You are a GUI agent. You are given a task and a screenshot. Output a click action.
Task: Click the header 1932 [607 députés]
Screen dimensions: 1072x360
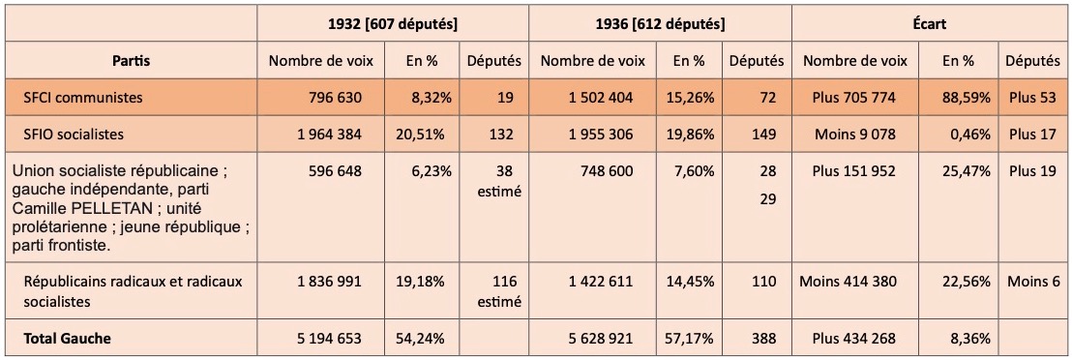pyautogui.click(x=393, y=24)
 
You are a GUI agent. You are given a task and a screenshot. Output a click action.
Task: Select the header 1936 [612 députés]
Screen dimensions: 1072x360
pyautogui.click(x=661, y=24)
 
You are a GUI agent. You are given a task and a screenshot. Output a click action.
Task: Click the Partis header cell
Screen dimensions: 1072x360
pyautogui.click(x=132, y=60)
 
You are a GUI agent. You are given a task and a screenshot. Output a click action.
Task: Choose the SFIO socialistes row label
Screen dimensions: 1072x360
pyautogui.click(x=74, y=135)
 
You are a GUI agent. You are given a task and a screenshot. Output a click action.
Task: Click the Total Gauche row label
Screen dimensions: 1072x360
pyautogui.click(x=67, y=338)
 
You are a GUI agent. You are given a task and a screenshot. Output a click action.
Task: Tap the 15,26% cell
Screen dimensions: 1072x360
pyautogui.click(x=689, y=98)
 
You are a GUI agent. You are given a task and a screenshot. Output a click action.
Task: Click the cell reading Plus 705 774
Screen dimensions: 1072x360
pyautogui.click(x=854, y=98)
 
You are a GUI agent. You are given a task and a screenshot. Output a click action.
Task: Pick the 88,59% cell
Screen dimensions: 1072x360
pyautogui.click(x=965, y=98)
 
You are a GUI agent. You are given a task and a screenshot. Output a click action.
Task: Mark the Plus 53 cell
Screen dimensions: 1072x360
pyautogui.click(x=1032, y=98)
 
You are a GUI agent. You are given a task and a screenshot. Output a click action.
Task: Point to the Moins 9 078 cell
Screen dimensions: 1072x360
pyautogui.click(x=855, y=135)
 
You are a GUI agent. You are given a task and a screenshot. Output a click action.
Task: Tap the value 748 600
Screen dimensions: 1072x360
pyautogui.click(x=604, y=170)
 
